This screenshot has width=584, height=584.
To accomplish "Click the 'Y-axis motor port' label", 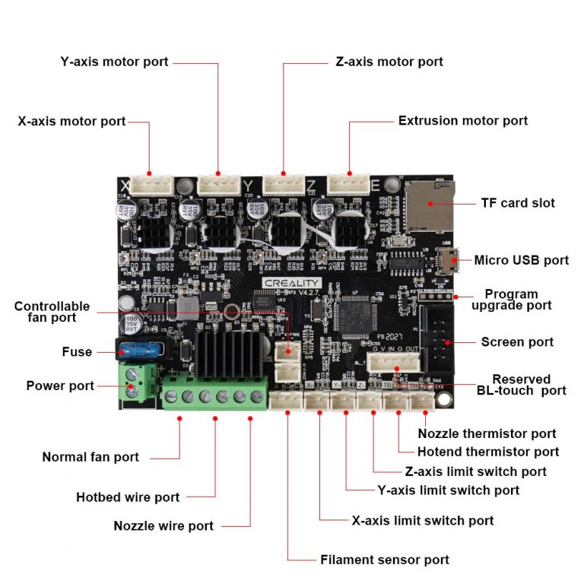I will pos(114,62).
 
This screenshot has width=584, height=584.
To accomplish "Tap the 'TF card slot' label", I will pos(517,203).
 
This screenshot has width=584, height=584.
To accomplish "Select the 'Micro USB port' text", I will pos(521,260).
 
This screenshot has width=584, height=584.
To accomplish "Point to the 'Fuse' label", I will pos(77,352).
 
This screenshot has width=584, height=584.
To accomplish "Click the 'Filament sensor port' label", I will pos(384,560).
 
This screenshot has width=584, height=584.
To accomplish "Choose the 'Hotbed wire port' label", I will pos(128,497).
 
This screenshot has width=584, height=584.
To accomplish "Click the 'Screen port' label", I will pos(517,342).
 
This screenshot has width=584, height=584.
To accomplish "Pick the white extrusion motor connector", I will pos(349,183).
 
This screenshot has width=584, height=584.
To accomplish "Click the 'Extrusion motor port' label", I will pos(462,121).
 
